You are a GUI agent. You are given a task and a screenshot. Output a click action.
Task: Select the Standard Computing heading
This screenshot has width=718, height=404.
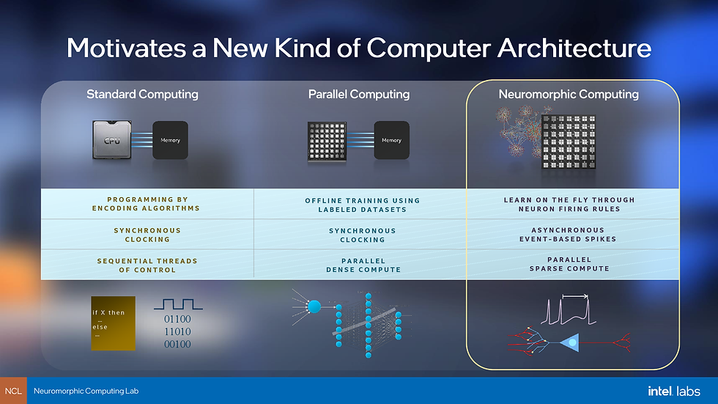(142, 94)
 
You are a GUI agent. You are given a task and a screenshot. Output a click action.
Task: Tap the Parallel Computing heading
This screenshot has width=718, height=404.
(359, 94)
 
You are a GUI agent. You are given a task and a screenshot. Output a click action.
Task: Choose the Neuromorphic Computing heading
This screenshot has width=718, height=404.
(569, 94)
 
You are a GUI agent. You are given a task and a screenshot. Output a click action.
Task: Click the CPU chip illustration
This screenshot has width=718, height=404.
(112, 139)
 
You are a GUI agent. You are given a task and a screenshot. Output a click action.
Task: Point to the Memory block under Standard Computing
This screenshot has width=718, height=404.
(170, 140)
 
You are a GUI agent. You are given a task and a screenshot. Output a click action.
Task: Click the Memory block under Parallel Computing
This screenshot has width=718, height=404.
(391, 140)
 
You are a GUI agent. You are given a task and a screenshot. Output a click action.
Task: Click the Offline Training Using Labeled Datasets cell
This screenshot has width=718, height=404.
(363, 205)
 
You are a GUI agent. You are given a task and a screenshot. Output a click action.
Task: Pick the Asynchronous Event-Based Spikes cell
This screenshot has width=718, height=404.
(569, 234)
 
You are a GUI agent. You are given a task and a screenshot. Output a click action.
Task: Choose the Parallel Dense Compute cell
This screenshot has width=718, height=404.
(363, 265)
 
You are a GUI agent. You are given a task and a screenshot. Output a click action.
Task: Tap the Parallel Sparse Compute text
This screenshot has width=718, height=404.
(569, 264)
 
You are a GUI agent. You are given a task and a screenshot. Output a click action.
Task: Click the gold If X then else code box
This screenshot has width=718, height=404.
(113, 323)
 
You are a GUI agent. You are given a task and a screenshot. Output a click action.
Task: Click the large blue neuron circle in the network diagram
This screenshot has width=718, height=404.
(315, 307)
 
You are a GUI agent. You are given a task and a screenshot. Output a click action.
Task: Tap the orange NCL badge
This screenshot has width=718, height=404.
(13, 391)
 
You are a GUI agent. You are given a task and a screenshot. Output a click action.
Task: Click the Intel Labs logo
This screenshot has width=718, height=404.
(673, 391)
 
